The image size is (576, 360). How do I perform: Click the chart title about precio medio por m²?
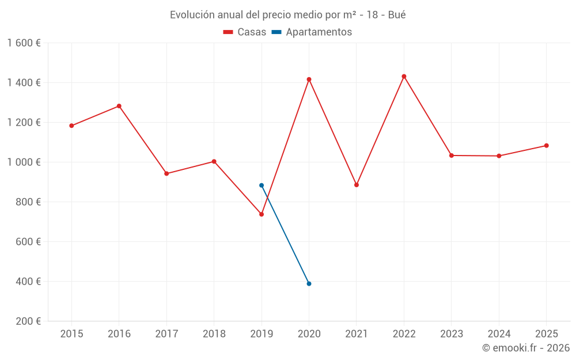click(x=287, y=15)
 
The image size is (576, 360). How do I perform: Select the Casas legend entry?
click(x=245, y=32)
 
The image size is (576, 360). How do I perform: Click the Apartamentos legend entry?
click(x=312, y=32)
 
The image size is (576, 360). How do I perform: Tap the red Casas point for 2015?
click(x=71, y=126)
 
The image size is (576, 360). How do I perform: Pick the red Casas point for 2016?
click(x=119, y=106)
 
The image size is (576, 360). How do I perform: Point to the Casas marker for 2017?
click(x=166, y=173)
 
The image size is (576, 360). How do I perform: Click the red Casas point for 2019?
click(x=262, y=214)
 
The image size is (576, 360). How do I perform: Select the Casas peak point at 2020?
click(x=309, y=79)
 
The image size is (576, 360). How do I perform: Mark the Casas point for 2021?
click(x=357, y=185)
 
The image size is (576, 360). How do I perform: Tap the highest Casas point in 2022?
click(x=404, y=77)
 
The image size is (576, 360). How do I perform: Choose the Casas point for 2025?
click(x=546, y=146)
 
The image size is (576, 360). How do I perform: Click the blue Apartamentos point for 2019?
click(x=262, y=185)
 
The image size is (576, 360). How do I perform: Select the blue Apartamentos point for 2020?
click(x=309, y=283)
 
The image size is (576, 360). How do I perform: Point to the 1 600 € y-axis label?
click(x=24, y=43)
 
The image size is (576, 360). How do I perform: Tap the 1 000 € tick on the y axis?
click(x=24, y=162)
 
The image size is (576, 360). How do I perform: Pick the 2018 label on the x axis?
click(x=214, y=334)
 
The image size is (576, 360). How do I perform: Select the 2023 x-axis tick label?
click(x=451, y=334)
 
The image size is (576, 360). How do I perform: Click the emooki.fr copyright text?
click(x=525, y=348)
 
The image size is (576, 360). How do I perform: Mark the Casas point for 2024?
click(x=499, y=156)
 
